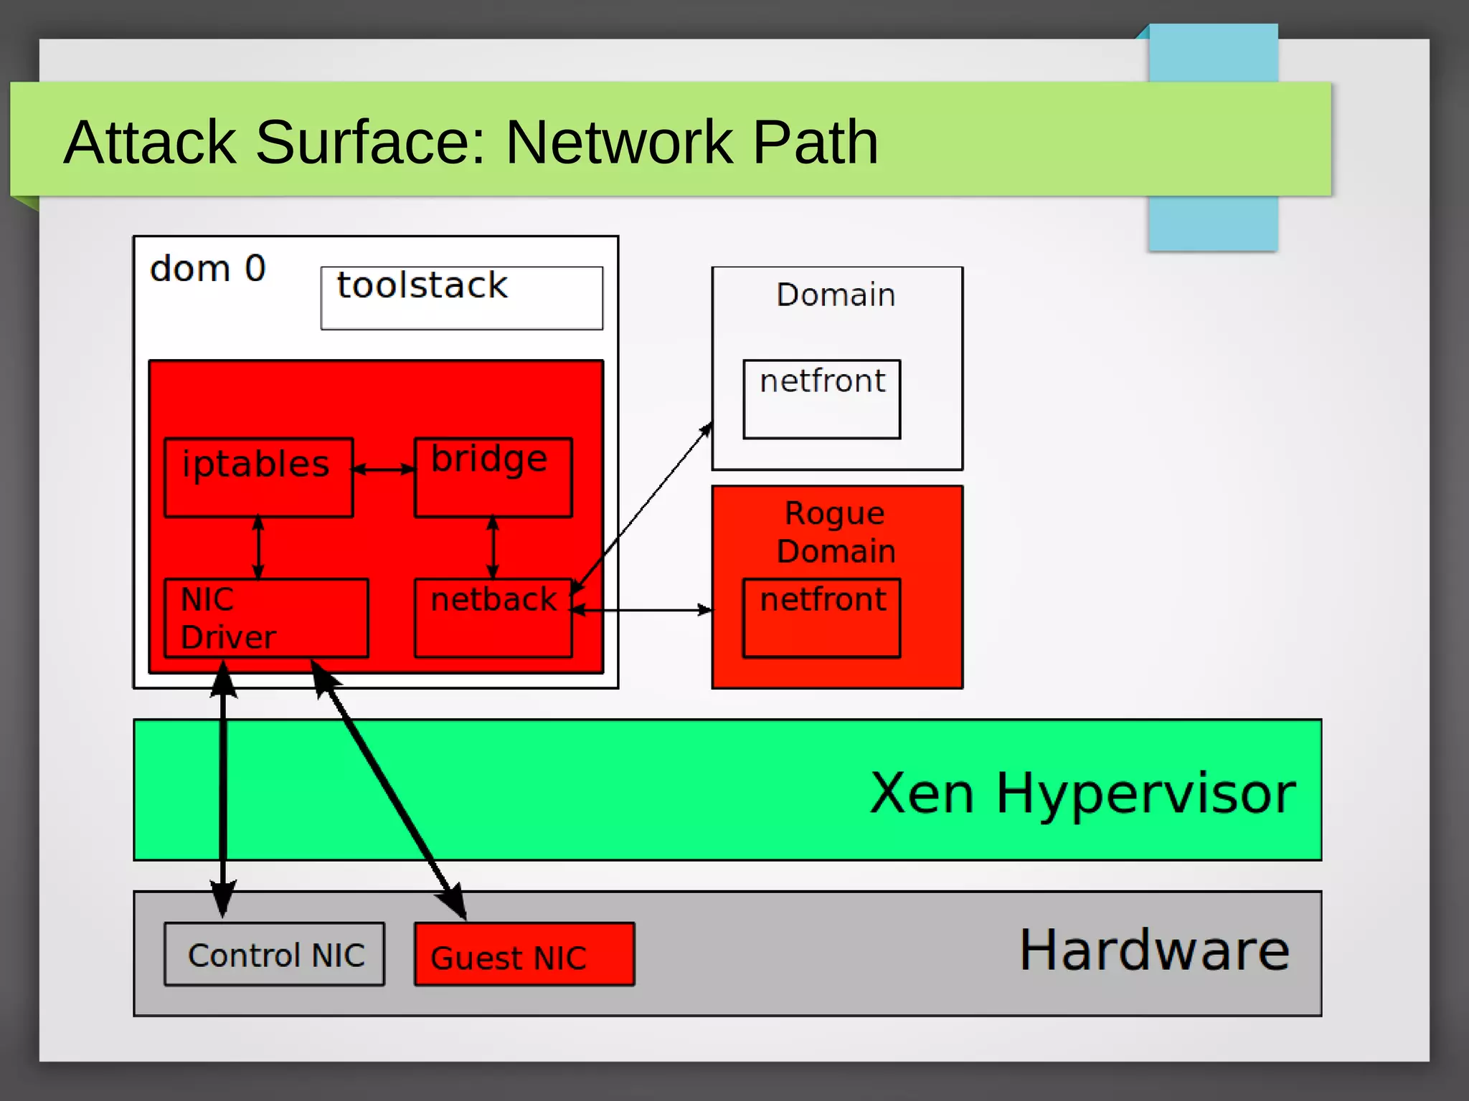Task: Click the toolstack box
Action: click(x=461, y=298)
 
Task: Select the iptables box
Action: click(x=258, y=477)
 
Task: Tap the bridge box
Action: click(x=493, y=477)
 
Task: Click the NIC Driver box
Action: click(x=266, y=618)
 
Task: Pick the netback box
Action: click(x=493, y=618)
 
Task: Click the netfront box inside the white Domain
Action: click(x=821, y=399)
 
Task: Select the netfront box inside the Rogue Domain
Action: click(x=821, y=618)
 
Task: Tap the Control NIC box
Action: click(x=275, y=954)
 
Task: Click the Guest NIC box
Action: click(x=524, y=954)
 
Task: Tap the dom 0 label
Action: click(x=207, y=269)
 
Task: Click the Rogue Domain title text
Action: click(x=836, y=532)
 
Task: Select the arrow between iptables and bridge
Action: click(x=384, y=470)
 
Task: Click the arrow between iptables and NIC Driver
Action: click(x=258, y=548)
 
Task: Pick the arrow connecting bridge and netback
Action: click(x=493, y=548)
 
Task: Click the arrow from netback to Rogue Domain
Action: click(x=642, y=610)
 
